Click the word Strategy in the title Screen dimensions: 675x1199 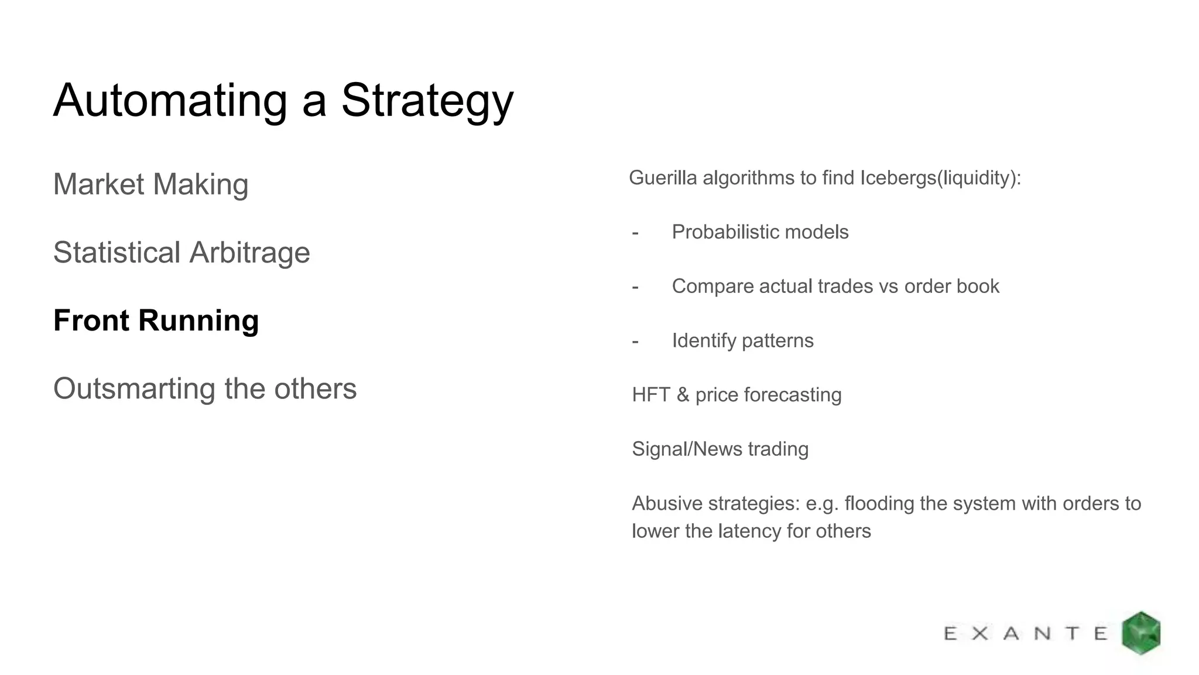[427, 101]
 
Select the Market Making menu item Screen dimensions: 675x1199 [150, 184]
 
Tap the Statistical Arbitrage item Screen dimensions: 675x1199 [181, 253]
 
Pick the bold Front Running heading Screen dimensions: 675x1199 [156, 321]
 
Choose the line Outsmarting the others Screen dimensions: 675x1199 [205, 388]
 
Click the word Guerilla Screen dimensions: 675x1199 [663, 178]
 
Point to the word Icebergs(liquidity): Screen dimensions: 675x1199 [940, 178]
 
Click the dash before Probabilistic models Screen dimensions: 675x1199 [635, 233]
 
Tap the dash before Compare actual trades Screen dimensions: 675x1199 [635, 287]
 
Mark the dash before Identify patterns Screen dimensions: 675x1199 [635, 342]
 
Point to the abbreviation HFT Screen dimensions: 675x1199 [650, 395]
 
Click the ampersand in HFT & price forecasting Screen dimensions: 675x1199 [683, 395]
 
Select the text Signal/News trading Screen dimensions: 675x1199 [720, 449]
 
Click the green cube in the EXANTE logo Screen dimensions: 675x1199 [1141, 633]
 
